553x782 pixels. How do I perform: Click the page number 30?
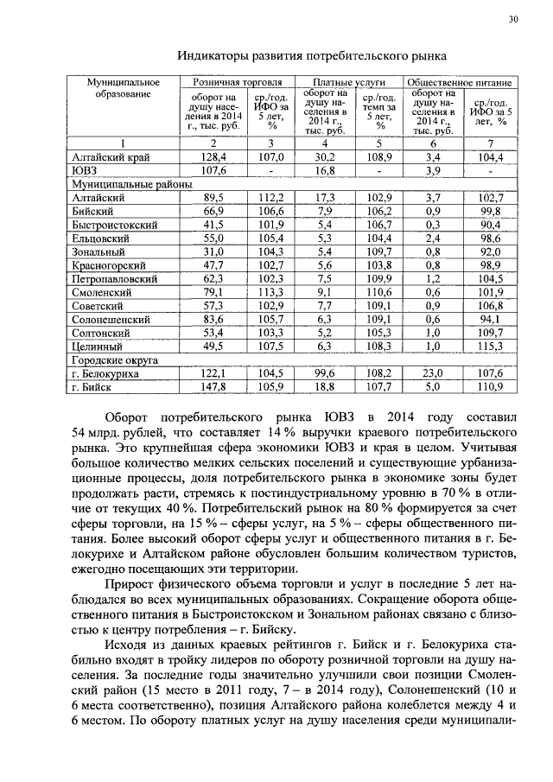point(512,19)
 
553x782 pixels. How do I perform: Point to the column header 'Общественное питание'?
point(461,82)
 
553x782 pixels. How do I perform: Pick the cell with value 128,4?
point(213,158)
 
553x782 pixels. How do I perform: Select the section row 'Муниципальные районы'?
point(130,185)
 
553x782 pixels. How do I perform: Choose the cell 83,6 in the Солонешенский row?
point(213,319)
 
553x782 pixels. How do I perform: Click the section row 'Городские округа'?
point(116,359)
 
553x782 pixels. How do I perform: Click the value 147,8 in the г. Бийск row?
point(213,386)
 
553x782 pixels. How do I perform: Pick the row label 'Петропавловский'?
point(115,279)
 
